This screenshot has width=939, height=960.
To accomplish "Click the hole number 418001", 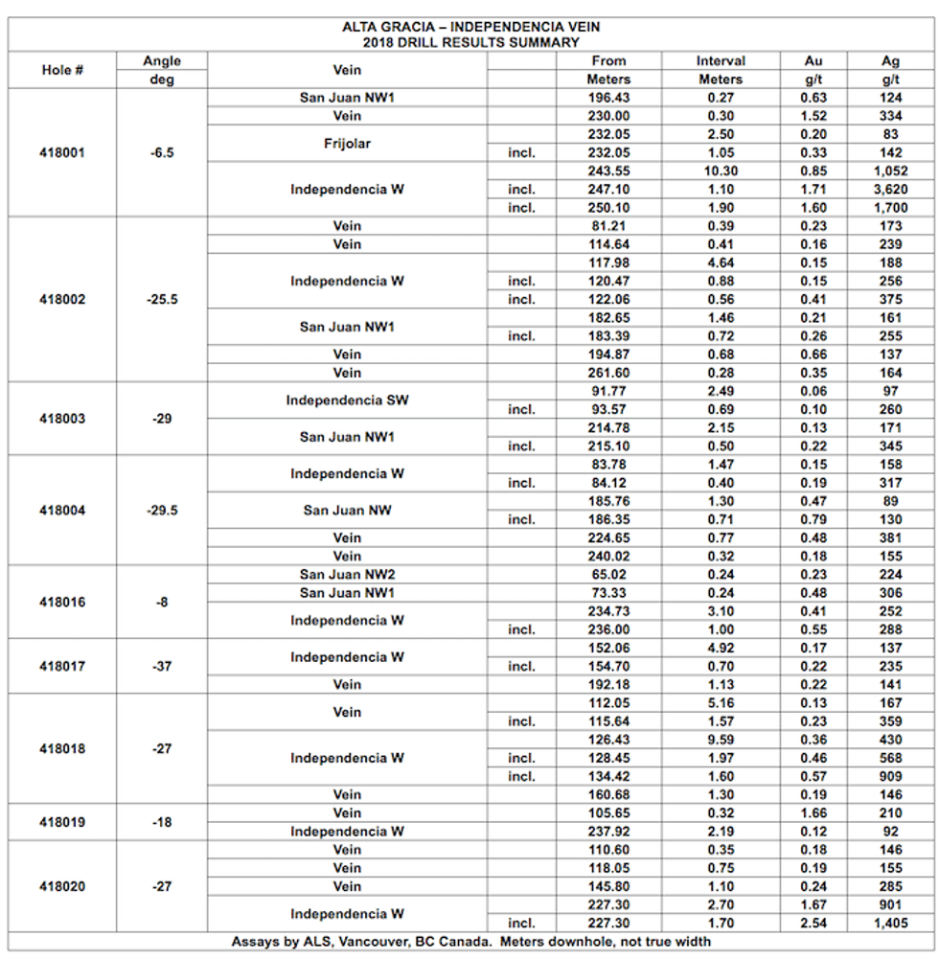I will click(x=62, y=152).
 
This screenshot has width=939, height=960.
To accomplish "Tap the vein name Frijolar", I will click(x=346, y=144).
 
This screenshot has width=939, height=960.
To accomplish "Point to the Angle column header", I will click(x=162, y=61).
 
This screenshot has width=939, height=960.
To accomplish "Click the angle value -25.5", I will click(x=162, y=300).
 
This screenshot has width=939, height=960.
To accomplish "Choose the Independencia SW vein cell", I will click(x=346, y=400).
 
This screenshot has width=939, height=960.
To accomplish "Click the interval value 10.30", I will click(x=721, y=171).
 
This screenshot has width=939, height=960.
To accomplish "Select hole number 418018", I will click(x=62, y=749).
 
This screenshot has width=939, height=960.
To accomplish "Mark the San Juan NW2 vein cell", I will click(x=346, y=575).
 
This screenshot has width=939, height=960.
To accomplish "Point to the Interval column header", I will click(x=721, y=61).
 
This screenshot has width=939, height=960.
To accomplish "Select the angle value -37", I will click(x=162, y=667).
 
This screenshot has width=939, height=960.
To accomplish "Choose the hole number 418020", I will click(x=62, y=887).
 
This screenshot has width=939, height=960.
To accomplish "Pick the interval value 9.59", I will click(x=721, y=740).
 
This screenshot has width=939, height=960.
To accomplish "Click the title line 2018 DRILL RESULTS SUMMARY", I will click(x=470, y=42).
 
